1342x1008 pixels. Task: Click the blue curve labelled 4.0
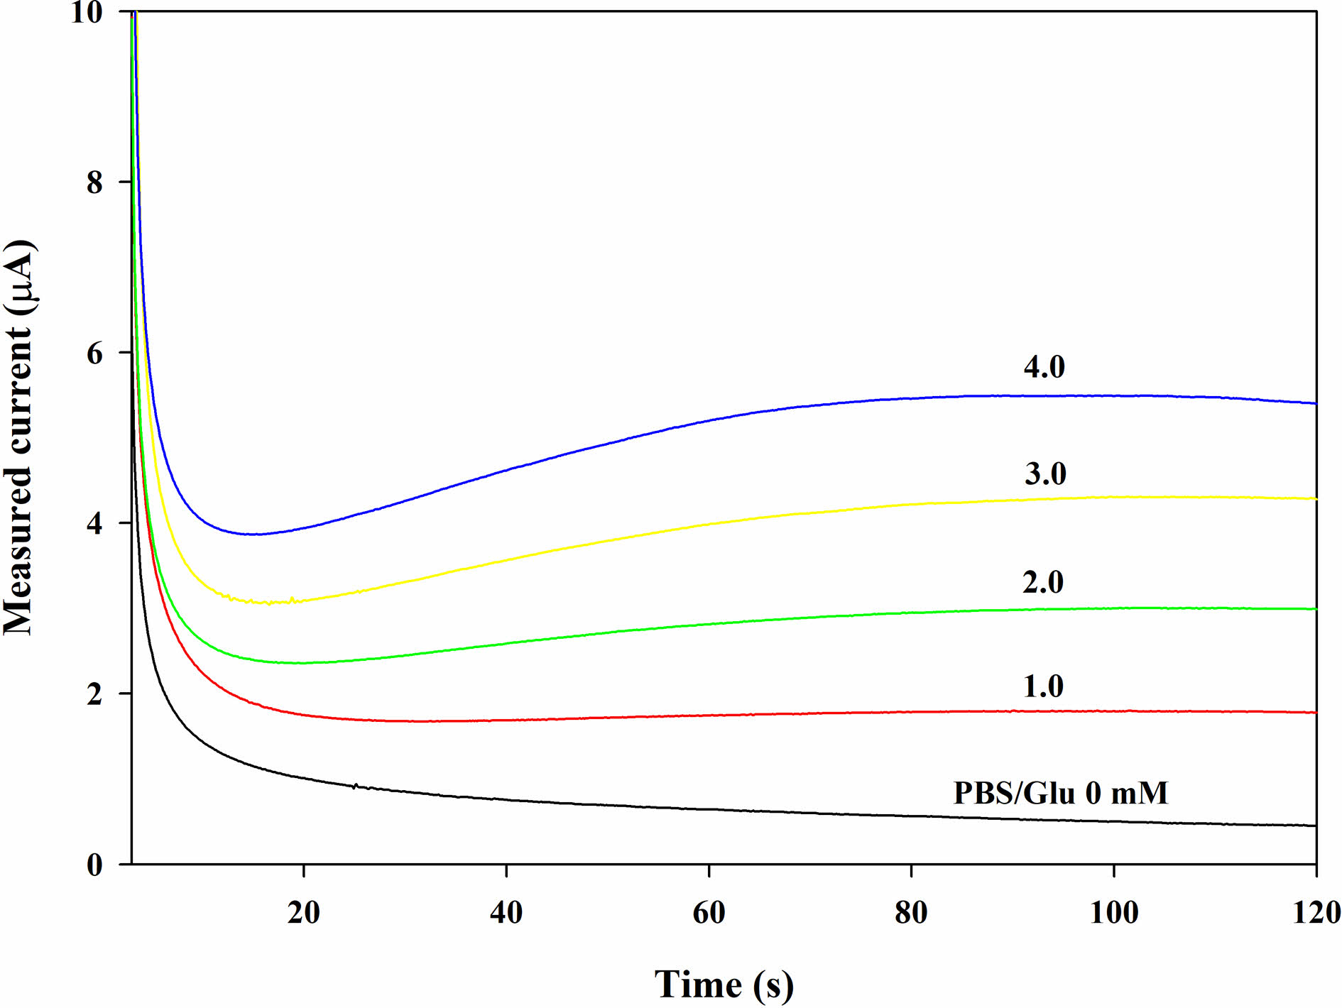click(710, 420)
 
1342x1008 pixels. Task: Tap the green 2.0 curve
click(710, 623)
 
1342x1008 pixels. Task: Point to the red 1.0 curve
click(710, 715)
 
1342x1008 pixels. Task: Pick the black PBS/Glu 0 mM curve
click(710, 809)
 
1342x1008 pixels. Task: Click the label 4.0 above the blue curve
click(1044, 366)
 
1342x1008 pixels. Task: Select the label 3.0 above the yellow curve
click(1045, 473)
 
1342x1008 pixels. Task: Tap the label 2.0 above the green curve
click(1043, 582)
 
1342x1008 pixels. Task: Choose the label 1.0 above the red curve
click(1043, 686)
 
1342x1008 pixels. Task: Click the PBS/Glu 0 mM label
click(1060, 793)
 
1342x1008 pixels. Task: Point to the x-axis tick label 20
click(304, 912)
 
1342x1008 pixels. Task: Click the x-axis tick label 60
click(709, 912)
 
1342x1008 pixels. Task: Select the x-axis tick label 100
click(1113, 912)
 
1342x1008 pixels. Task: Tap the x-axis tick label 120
click(1316, 912)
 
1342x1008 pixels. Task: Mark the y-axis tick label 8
click(94, 182)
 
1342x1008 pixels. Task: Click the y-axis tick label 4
click(94, 523)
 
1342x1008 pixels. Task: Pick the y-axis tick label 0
click(94, 865)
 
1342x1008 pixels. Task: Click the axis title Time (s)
click(724, 985)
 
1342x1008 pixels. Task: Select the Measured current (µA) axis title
click(20, 438)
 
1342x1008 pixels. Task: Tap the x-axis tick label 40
click(506, 912)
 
